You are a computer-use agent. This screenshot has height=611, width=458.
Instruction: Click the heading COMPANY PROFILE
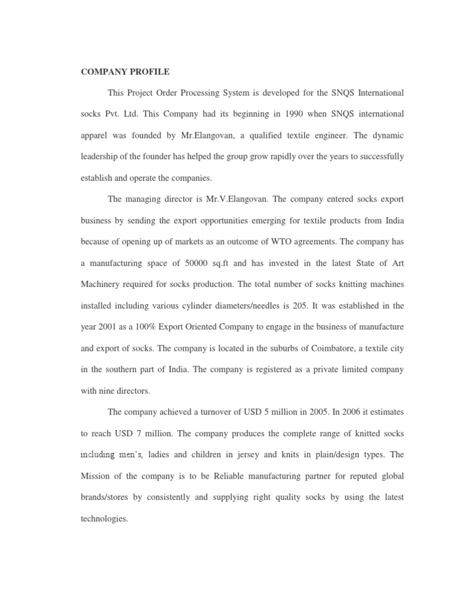[x=125, y=72]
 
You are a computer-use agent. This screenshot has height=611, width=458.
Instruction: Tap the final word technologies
[x=104, y=519]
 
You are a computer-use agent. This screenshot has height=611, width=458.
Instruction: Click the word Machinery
[x=103, y=284]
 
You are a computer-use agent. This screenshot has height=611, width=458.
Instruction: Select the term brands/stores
[x=107, y=497]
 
